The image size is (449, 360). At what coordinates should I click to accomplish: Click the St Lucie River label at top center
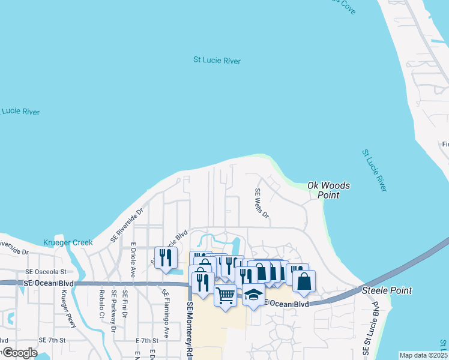click(x=217, y=61)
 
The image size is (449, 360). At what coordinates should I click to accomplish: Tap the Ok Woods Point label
click(x=328, y=190)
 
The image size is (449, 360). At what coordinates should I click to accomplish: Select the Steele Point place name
click(x=387, y=290)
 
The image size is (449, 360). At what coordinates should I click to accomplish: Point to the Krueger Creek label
click(x=68, y=242)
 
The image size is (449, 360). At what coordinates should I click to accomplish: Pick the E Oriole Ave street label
click(x=133, y=259)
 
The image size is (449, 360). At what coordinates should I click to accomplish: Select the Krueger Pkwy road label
click(x=69, y=309)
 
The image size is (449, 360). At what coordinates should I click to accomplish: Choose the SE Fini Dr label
click(x=125, y=304)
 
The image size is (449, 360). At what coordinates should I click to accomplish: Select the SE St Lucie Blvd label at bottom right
click(x=367, y=329)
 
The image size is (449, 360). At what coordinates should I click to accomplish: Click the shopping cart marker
click(x=225, y=295)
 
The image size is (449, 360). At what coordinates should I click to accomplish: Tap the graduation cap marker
click(x=253, y=295)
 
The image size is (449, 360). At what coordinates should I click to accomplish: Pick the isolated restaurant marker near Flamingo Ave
click(x=166, y=258)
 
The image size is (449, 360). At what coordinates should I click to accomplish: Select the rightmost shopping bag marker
click(x=304, y=281)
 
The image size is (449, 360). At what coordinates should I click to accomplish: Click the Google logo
click(x=19, y=353)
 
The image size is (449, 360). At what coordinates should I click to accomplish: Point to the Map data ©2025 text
click(x=423, y=355)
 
